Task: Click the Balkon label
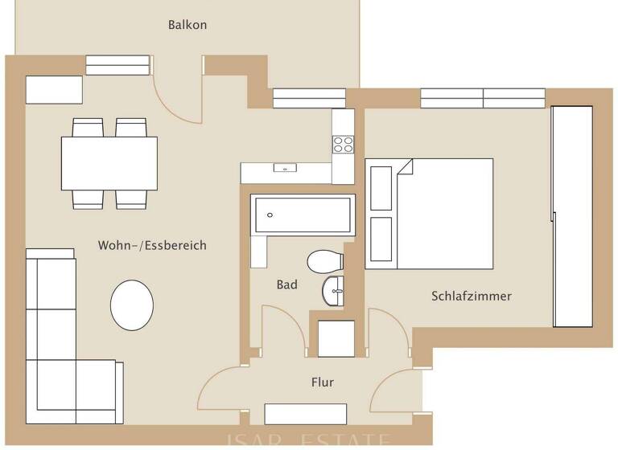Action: (x=187, y=25)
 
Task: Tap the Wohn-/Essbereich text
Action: (x=152, y=245)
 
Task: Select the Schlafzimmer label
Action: (x=472, y=296)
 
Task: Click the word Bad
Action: (x=286, y=284)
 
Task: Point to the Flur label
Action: (x=322, y=382)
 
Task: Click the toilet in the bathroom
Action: (x=324, y=261)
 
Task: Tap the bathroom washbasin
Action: (x=333, y=291)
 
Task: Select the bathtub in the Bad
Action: (x=303, y=215)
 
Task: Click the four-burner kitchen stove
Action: (x=343, y=145)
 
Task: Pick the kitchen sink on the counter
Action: (x=284, y=169)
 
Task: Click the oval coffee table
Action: (x=132, y=305)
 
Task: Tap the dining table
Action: (x=109, y=163)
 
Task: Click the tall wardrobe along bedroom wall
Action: (x=572, y=217)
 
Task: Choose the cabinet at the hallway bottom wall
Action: (x=305, y=414)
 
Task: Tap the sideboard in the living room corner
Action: (x=54, y=90)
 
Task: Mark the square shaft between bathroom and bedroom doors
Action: (x=336, y=337)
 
